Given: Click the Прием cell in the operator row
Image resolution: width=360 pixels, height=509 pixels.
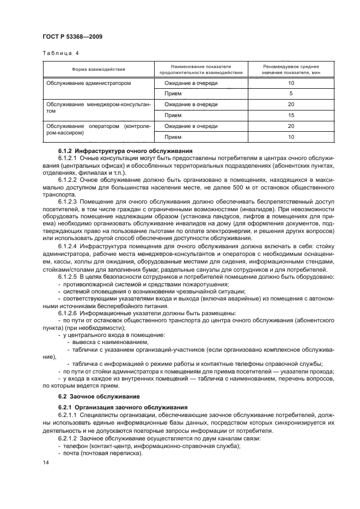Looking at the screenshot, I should coord(173,137).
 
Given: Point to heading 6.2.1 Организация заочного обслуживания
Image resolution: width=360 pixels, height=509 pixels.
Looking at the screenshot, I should coord(123,407).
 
